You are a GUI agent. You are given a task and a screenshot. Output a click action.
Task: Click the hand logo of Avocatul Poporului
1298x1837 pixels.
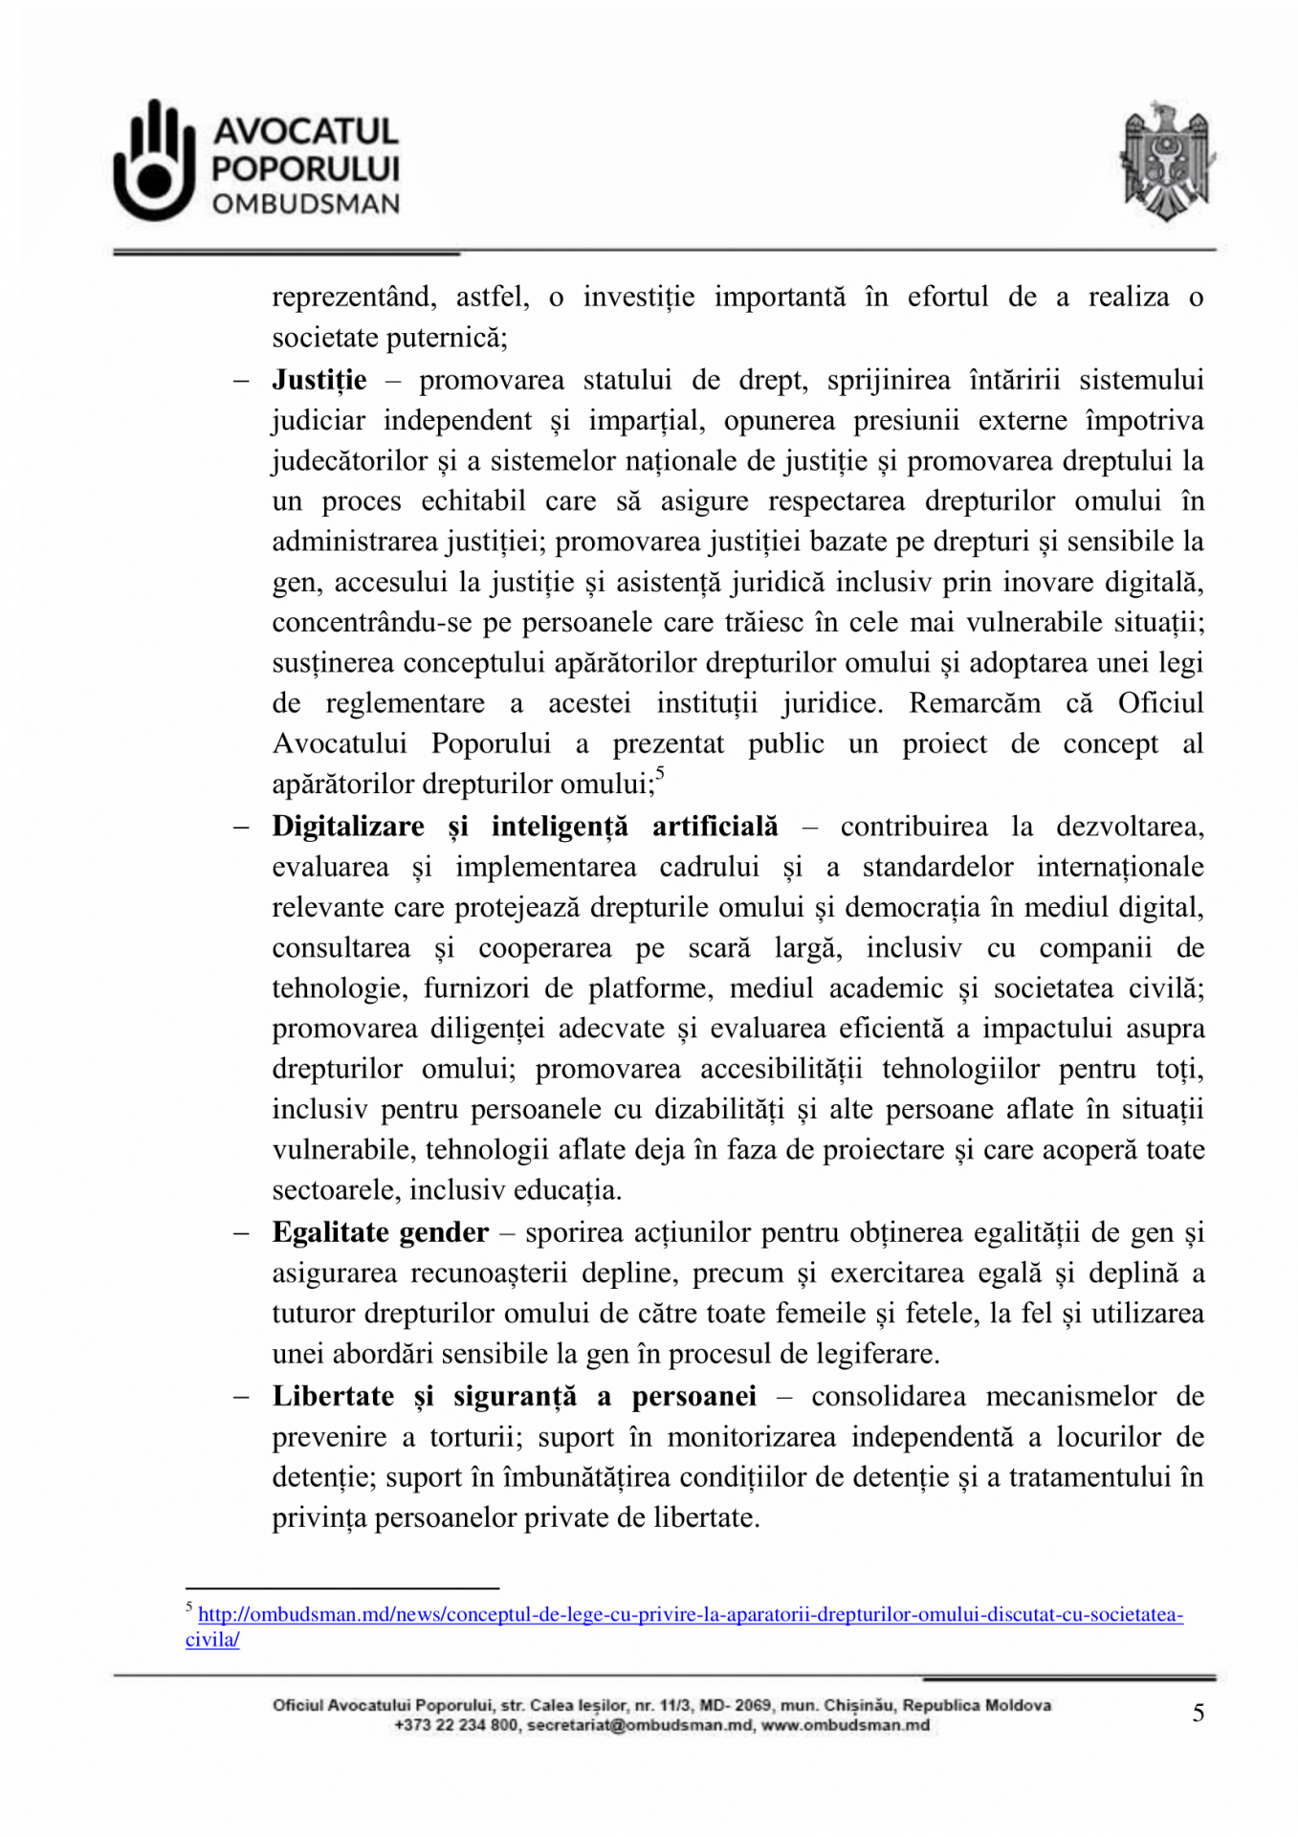click(153, 161)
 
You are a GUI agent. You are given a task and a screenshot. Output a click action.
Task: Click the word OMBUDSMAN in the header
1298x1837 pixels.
click(306, 204)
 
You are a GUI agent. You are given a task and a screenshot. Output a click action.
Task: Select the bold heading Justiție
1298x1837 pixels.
click(319, 381)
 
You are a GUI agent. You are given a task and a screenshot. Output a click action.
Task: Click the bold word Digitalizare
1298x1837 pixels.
click(348, 827)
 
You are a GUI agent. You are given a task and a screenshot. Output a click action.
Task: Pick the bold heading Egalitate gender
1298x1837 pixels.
click(380, 1232)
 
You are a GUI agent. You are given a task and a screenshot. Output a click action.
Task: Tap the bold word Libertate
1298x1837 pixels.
click(333, 1397)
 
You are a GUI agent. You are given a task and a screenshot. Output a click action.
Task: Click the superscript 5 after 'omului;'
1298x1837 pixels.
click(660, 774)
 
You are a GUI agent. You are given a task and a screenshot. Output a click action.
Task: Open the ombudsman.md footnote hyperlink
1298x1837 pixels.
click(690, 1615)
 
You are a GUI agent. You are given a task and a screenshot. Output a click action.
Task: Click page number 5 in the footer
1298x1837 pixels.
click(1198, 1713)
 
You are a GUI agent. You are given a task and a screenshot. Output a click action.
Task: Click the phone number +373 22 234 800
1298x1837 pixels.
click(456, 1725)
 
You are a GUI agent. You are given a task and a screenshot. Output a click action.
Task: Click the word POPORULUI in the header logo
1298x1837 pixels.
click(306, 168)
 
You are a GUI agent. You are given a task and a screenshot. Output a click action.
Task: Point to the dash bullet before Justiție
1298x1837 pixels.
click(240, 381)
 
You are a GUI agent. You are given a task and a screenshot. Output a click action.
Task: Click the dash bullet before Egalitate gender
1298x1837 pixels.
click(240, 1232)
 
